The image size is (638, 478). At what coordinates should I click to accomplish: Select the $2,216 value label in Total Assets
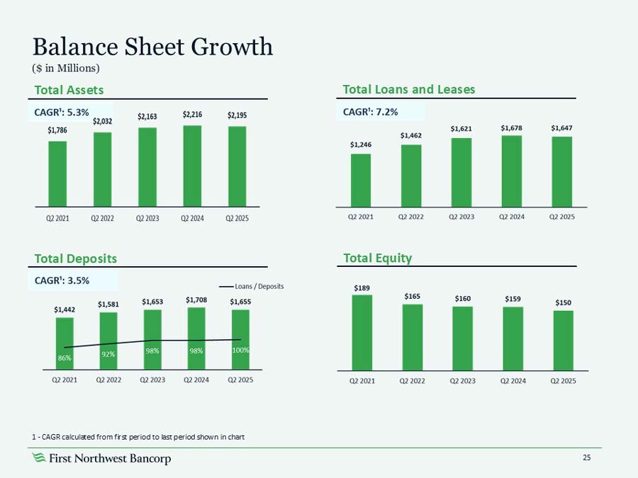192,114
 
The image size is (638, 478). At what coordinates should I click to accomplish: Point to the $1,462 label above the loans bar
410,135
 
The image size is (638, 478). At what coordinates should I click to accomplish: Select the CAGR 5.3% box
62,111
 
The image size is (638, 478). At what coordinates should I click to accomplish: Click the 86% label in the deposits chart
65,359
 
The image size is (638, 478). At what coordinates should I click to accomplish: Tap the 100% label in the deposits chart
241,350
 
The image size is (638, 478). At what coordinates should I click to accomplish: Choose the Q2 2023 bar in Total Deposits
152,339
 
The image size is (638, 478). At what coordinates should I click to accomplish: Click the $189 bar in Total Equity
362,332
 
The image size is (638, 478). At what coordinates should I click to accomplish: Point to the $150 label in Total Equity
562,302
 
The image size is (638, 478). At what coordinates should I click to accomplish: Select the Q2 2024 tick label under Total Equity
513,381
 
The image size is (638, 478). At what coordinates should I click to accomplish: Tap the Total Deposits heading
76,258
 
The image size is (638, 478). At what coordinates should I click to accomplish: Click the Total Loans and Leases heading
408,89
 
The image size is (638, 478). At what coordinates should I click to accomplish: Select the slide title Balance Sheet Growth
152,47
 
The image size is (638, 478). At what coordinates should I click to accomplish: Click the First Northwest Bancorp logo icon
40,459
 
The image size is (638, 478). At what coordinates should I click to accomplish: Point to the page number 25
586,458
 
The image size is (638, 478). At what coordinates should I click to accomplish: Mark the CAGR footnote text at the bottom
138,436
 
